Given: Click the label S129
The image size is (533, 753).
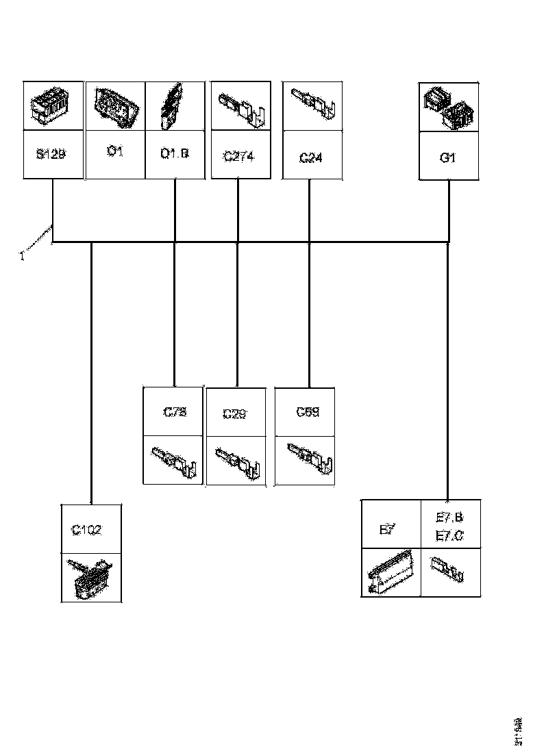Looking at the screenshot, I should (x=52, y=155).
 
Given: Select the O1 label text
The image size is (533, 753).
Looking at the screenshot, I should (x=115, y=151).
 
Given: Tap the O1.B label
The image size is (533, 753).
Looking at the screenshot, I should (x=175, y=153).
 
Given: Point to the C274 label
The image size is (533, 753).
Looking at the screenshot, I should (x=238, y=157).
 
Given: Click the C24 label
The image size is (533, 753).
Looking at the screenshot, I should (x=311, y=158).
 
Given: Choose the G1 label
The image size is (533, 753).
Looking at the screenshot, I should (x=448, y=157).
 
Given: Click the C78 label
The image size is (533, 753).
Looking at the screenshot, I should (x=175, y=412).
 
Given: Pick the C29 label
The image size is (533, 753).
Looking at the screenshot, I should (x=235, y=414).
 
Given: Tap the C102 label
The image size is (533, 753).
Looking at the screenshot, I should (x=88, y=530).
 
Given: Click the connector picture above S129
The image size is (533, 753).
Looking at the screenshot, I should (x=52, y=107).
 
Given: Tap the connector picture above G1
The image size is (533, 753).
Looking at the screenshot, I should (x=449, y=108).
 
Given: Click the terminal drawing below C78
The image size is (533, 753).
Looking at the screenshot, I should (x=174, y=460).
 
